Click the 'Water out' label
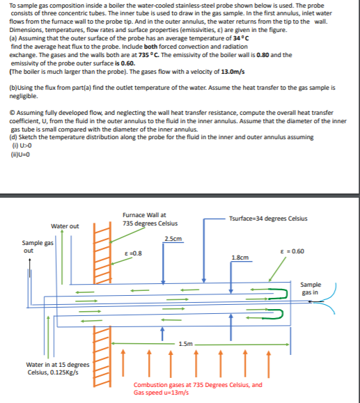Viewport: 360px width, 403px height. pyautogui.click(x=65, y=226)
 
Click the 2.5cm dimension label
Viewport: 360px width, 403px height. pyautogui.click(x=173, y=239)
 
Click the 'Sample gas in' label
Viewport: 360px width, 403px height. pyautogui.click(x=311, y=288)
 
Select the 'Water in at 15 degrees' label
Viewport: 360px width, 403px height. pyautogui.click(x=58, y=365)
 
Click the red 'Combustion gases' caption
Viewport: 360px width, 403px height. pyautogui.click(x=198, y=388)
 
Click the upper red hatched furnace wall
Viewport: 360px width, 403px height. pyautogui.click(x=104, y=249)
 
